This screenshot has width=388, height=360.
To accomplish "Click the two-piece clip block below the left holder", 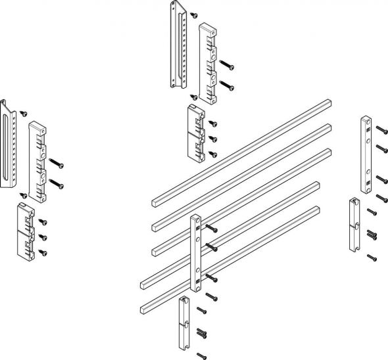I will [24, 229].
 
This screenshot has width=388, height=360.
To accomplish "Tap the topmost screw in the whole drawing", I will [193, 14].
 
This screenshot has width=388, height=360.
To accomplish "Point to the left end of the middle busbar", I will [156, 250].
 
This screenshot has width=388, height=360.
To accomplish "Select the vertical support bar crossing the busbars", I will [197, 252].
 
